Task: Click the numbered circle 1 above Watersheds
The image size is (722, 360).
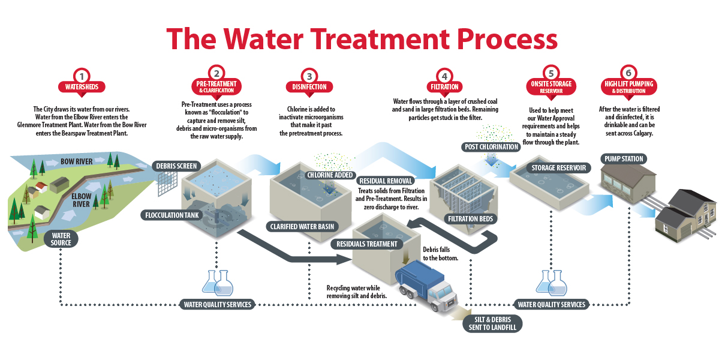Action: tap(82, 76)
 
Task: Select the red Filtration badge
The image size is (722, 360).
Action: tap(444, 87)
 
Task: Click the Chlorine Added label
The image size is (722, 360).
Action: tap(329, 175)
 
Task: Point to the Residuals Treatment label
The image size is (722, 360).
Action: tap(366, 244)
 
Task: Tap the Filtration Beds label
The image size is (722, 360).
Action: tap(471, 219)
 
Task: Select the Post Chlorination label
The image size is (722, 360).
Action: tap(492, 147)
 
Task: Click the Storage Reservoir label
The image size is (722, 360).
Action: tap(558, 167)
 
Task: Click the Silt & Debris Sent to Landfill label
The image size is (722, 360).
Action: tap(492, 324)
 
